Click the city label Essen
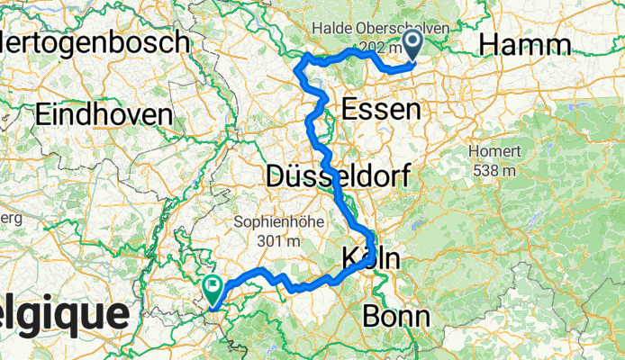coord(382,110)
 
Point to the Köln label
coord(370,260)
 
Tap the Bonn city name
coord(395,316)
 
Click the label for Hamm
coord(524,45)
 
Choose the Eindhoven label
coord(104,114)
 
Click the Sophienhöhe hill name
coord(277,221)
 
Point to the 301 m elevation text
coord(277,240)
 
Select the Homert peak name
coord(492,151)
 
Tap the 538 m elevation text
coord(492,169)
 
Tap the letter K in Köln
coord(351,260)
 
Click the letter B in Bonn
coord(371,316)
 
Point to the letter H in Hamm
coord(489,45)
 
